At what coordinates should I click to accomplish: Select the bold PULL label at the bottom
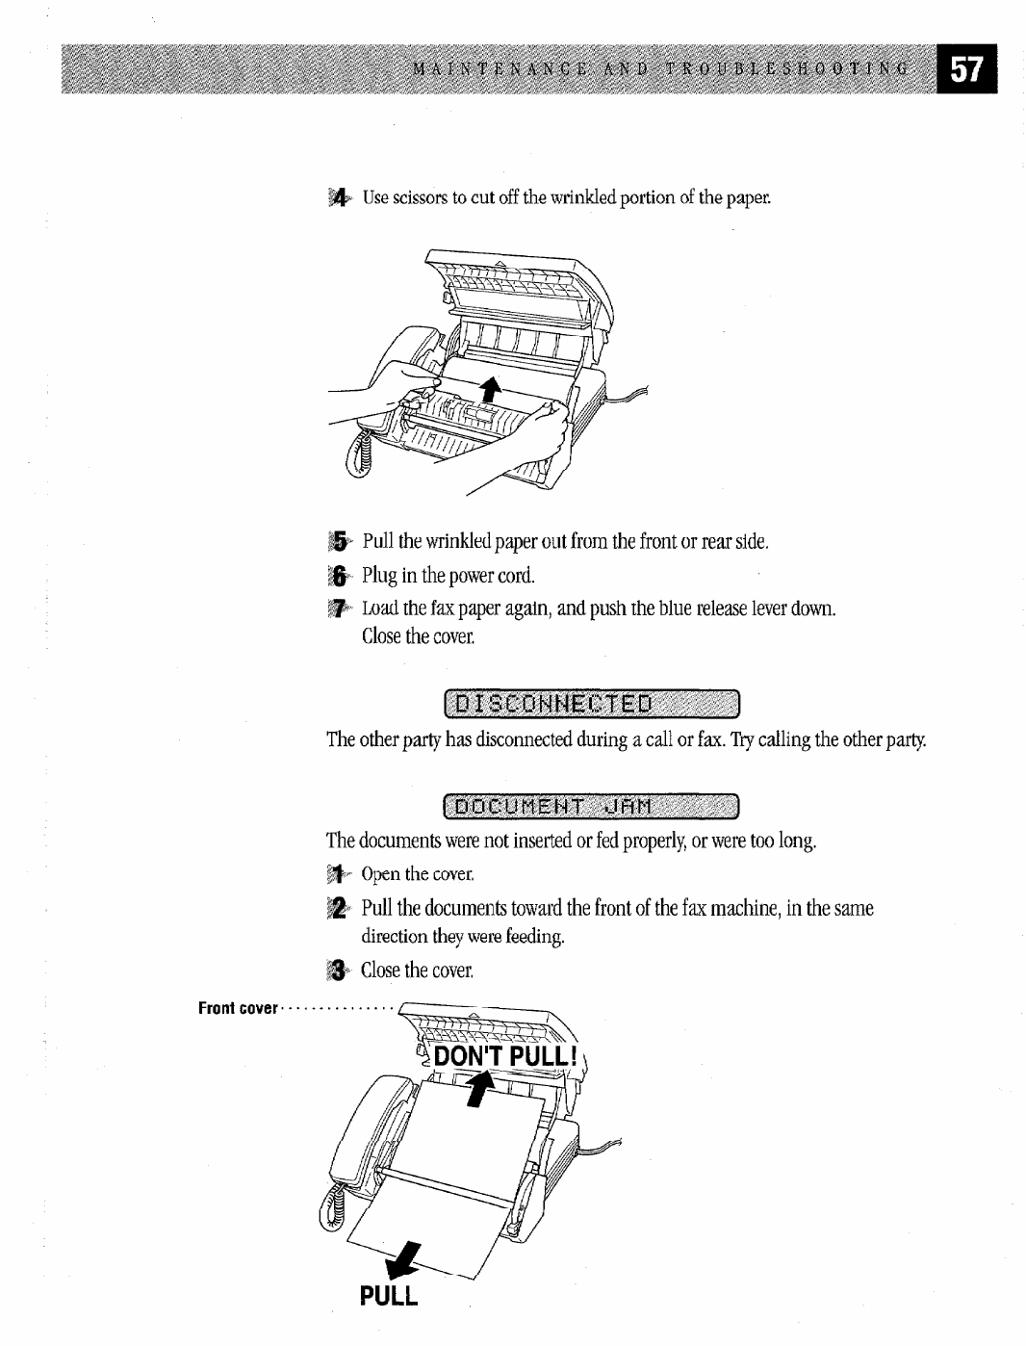click(390, 1296)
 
